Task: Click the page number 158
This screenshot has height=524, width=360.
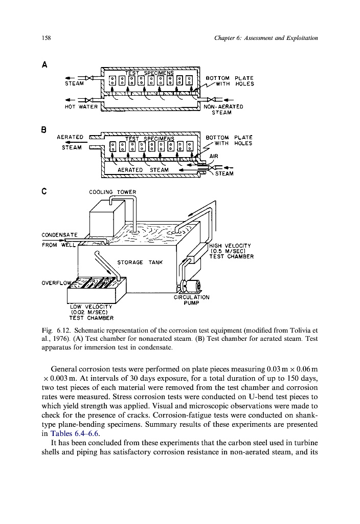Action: pos(46,38)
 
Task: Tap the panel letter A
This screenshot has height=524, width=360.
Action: pos(45,65)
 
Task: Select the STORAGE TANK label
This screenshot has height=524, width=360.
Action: pos(140,262)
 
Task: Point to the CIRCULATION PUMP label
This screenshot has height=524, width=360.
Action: pos(192,299)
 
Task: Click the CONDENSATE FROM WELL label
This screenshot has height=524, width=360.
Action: pos(59,239)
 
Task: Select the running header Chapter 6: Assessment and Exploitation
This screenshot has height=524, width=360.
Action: pos(264,38)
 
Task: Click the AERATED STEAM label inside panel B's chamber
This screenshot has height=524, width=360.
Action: pos(143,170)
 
